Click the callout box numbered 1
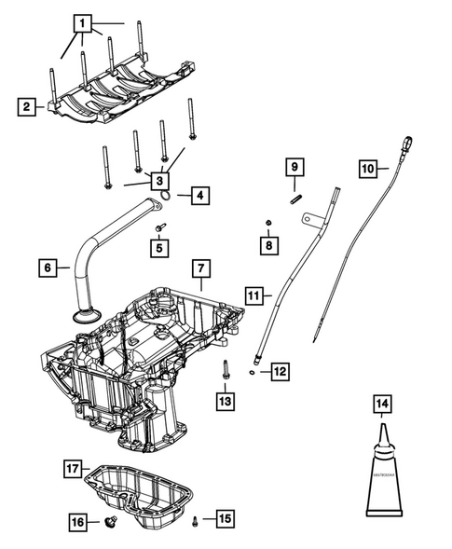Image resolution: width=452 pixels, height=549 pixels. point(84,22)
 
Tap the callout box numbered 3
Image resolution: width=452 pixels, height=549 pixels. point(160,180)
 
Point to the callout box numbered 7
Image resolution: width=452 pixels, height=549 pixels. point(199,268)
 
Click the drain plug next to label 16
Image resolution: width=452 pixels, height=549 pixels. point(111,522)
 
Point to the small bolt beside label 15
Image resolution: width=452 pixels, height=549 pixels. point(195,519)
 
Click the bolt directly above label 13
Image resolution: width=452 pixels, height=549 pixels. point(225,370)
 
